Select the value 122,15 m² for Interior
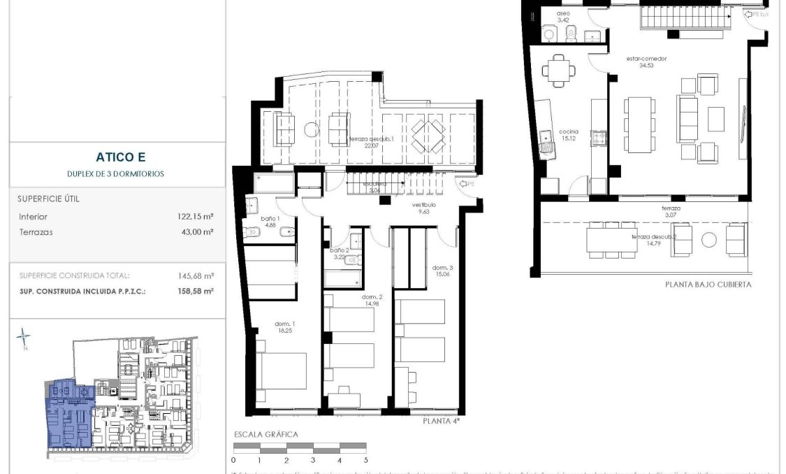click(x=196, y=217)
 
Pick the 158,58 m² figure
click(x=196, y=291)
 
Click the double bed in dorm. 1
click(x=282, y=371)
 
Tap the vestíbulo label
click(x=423, y=205)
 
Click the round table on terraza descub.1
click(x=310, y=129)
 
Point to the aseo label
click(x=564, y=14)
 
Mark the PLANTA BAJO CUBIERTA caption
click(x=708, y=285)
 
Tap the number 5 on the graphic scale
click(x=365, y=461)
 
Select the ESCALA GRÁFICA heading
click(x=265, y=435)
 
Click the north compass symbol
click(x=24, y=338)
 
